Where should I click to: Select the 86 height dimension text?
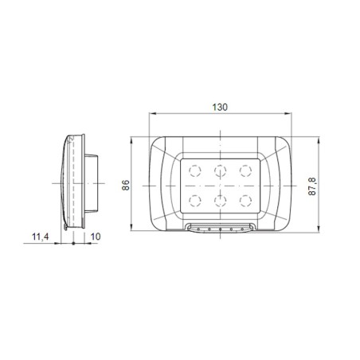tap(125, 186)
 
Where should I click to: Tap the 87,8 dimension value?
tap(314, 186)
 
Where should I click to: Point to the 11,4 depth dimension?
tap(41, 237)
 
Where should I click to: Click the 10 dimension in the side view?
tap(96, 237)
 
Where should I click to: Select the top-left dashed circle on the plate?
tap(194, 169)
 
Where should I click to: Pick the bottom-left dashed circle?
tap(194, 198)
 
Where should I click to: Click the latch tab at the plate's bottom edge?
tap(218, 229)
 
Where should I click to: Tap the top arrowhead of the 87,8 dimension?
tap(320, 139)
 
